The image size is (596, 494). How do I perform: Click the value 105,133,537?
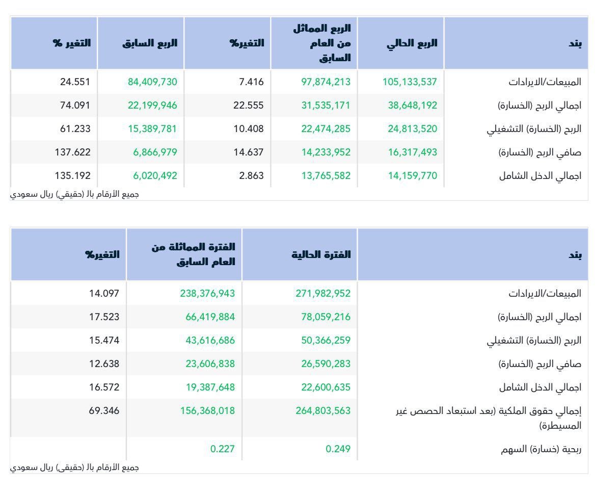pyautogui.click(x=410, y=82)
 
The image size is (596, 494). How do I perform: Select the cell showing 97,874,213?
pyautogui.click(x=323, y=82)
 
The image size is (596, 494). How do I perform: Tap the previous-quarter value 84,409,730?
pyautogui.click(x=150, y=82)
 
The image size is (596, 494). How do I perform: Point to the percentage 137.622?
pyautogui.click(x=72, y=152)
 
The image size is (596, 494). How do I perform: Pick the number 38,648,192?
pyautogui.click(x=412, y=105)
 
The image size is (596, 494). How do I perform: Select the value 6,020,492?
pyautogui.click(x=152, y=175)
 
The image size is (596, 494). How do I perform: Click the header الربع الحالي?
pyautogui.click(x=412, y=43)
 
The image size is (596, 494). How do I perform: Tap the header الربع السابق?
pyautogui.click(x=150, y=43)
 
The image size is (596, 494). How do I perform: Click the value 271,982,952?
pyautogui.click(x=323, y=293)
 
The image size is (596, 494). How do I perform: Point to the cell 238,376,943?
pyautogui.click(x=207, y=293)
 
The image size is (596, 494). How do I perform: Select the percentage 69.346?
pyautogui.click(x=104, y=410)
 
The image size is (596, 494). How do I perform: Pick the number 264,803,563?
pyautogui.click(x=323, y=410)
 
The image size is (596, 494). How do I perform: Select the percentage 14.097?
pyautogui.click(x=104, y=293)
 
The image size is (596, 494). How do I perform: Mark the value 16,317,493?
pyautogui.click(x=412, y=152)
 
